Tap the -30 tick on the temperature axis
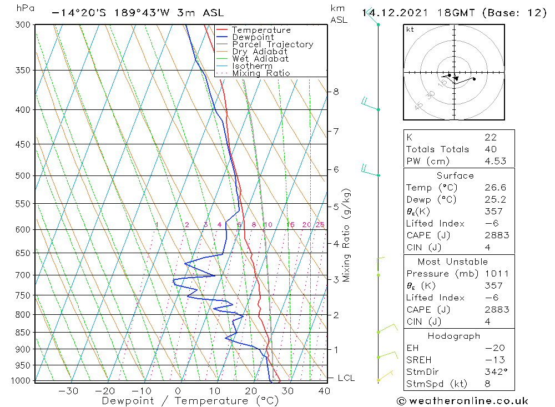coord(68,390)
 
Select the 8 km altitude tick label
coord(336,92)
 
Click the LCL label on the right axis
coord(346,378)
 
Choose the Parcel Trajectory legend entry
coord(273,44)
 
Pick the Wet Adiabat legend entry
coord(260,59)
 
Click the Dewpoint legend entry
coord(253,37)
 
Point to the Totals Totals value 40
coord(491,149)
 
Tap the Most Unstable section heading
coord(452,262)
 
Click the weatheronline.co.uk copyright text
coord(462,401)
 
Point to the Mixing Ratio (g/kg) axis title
coord(347,235)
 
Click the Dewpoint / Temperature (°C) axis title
coord(190,400)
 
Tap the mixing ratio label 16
coord(290,225)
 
